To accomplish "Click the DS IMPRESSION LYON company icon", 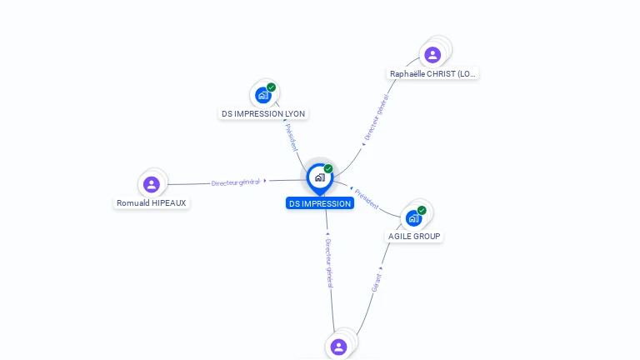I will [x=263, y=95].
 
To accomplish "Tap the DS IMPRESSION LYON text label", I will [x=263, y=113].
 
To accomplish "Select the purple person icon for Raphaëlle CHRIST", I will [x=432, y=55].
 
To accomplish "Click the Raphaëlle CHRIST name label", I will [x=433, y=73].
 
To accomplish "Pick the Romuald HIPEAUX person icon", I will [x=151, y=184].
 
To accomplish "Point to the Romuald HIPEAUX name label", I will [x=152, y=202].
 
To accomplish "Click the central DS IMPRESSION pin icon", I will [x=319, y=177].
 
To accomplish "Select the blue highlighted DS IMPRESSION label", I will [x=319, y=203].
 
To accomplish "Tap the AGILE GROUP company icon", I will [x=413, y=218].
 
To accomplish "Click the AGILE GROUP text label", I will [x=414, y=236].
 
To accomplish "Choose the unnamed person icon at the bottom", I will [x=338, y=346].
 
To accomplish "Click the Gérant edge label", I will [x=377, y=282].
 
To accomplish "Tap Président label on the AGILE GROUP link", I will [x=367, y=198].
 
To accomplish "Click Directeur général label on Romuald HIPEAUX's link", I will [x=237, y=182].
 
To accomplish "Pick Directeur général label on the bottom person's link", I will [x=329, y=262].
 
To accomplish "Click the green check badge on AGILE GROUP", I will [x=422, y=210].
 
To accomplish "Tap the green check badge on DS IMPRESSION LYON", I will [x=271, y=87].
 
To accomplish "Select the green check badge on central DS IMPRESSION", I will [x=328, y=169].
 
